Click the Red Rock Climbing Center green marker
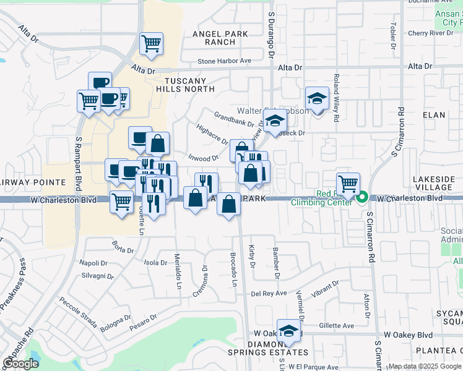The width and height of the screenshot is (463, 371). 363,198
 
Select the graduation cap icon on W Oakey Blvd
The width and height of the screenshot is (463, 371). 288,332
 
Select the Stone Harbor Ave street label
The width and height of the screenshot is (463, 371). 225,61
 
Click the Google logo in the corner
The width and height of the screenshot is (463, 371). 20,364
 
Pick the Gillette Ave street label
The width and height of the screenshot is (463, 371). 337,326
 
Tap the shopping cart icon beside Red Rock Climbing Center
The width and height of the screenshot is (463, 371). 348,184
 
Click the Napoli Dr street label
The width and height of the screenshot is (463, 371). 93,263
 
